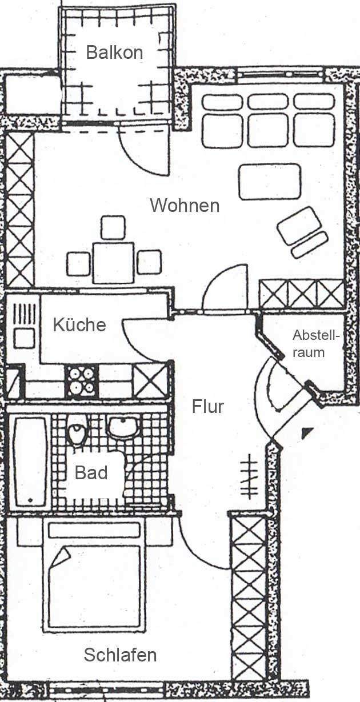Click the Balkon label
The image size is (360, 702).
[x=114, y=53]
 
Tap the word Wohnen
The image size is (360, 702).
[x=185, y=205]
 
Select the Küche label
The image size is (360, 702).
[x=79, y=325]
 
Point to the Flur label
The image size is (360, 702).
[x=207, y=407]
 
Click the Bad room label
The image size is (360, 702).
[x=91, y=473]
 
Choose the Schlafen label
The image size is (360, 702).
[x=120, y=655]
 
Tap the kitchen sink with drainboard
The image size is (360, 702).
[x=24, y=326]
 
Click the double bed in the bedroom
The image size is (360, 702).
[x=93, y=577]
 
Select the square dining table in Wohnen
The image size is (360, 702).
[x=113, y=262]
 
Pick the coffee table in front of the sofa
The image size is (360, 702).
[x=270, y=182]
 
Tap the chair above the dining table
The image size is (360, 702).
[x=113, y=227]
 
